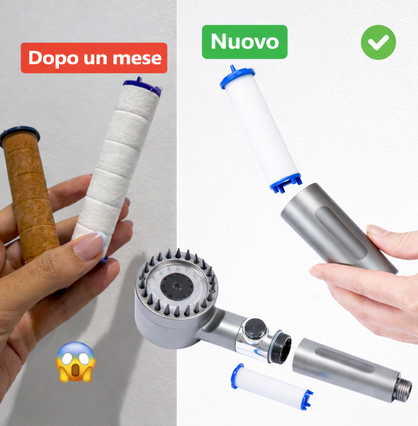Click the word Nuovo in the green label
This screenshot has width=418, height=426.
245,42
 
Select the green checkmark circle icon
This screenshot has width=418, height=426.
378,43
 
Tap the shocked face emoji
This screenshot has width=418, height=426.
75,362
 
